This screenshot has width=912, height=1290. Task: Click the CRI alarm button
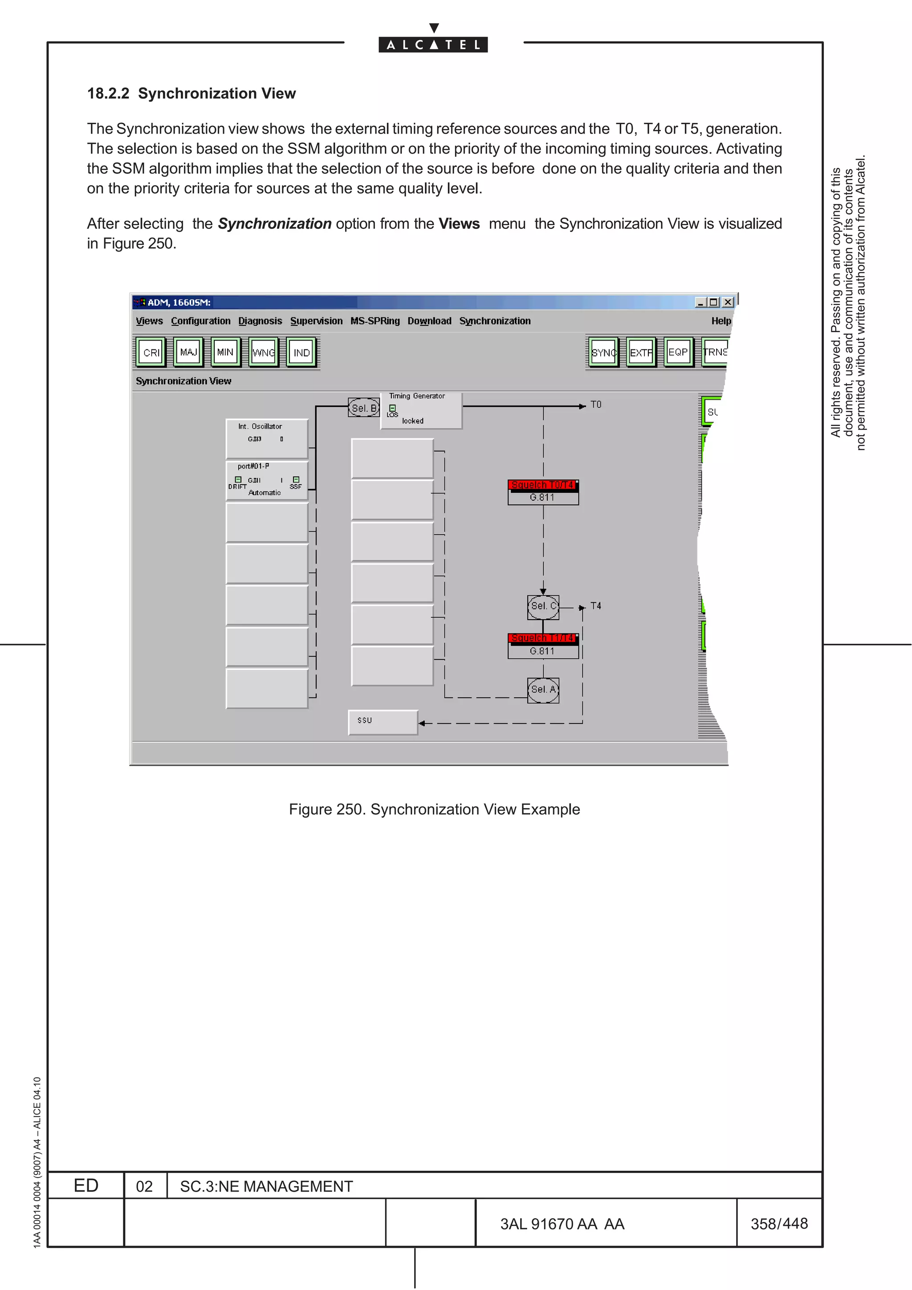tap(151, 352)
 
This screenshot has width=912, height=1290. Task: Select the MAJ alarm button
tap(188, 352)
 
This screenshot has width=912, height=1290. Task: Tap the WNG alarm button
tap(264, 352)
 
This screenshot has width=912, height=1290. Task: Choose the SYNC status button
tap(603, 352)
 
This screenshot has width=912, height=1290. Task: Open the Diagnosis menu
tap(260, 321)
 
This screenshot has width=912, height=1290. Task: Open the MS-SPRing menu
tap(375, 321)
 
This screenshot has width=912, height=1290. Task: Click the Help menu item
tap(721, 321)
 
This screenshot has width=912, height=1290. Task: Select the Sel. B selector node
tap(363, 408)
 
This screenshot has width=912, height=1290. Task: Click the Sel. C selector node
tap(543, 606)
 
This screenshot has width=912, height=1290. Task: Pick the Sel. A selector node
tap(543, 690)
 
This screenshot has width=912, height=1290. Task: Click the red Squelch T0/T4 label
tap(543, 485)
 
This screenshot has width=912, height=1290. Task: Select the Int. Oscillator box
tap(267, 438)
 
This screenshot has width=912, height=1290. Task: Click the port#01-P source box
tap(267, 480)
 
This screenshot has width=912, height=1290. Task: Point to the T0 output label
tap(596, 405)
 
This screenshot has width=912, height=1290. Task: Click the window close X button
tap(728, 302)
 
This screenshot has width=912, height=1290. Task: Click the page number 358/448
tap(779, 1224)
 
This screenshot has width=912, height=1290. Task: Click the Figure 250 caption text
tap(434, 809)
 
